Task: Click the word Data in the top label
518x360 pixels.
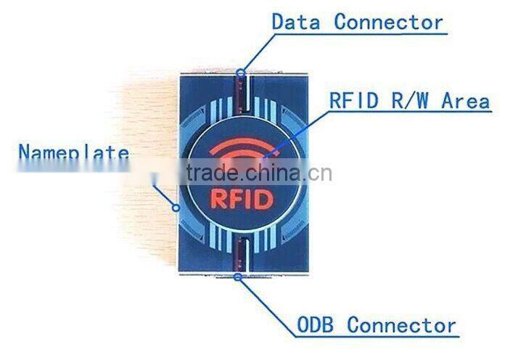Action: [296, 22]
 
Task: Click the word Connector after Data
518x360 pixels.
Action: [389, 22]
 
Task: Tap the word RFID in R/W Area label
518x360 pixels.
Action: [354, 100]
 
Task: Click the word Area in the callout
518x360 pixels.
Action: [466, 100]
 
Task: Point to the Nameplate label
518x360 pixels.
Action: [73, 152]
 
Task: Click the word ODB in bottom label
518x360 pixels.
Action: [315, 324]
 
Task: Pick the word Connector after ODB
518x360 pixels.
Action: [401, 324]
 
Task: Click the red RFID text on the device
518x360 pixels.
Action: [242, 200]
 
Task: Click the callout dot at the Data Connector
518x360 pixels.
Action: [241, 72]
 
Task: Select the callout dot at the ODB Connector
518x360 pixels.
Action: [237, 277]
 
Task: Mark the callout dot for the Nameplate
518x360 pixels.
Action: [176, 208]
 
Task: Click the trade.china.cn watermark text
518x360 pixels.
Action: [259, 173]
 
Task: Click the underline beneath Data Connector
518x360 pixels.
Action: [361, 33]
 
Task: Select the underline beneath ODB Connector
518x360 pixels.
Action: [377, 337]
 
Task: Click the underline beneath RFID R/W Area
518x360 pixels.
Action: [410, 112]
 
